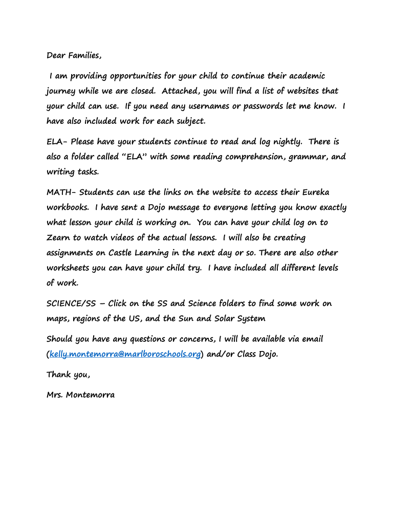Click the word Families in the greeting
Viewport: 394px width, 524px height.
click(x=84, y=56)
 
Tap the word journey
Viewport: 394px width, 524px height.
click(x=61, y=92)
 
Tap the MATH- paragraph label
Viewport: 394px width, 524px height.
click(x=61, y=192)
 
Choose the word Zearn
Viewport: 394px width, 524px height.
click(x=58, y=238)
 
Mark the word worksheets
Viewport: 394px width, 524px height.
click(x=68, y=268)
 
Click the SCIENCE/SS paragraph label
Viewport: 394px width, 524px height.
click(x=71, y=303)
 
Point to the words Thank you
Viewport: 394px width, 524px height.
click(x=68, y=375)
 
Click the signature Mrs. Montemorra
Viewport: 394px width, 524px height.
click(x=80, y=395)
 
